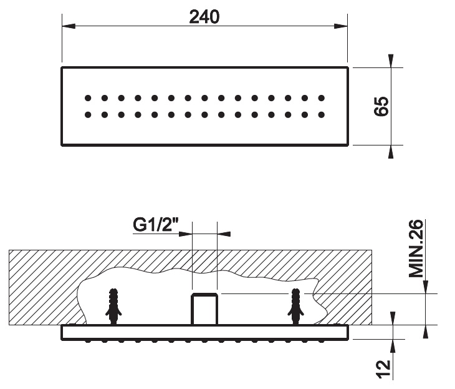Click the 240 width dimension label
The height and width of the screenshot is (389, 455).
[x=204, y=17]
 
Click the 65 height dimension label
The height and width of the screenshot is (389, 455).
[x=381, y=106]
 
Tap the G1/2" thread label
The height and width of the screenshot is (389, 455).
[x=156, y=225]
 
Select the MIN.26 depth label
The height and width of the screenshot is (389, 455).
[x=416, y=249]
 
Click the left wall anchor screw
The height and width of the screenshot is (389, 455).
[x=113, y=307]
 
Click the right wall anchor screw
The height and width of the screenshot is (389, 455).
[x=295, y=307]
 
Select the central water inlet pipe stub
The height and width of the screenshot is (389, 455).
[x=204, y=309]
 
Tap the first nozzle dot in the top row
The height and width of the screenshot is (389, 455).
[x=88, y=98]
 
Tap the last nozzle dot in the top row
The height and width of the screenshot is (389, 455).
[x=321, y=98]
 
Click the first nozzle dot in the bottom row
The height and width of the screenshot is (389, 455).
[x=88, y=115]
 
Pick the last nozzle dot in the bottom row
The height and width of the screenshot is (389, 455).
[x=321, y=115]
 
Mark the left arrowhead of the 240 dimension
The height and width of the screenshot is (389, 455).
[x=69, y=26]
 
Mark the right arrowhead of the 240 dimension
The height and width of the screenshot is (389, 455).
[x=341, y=26]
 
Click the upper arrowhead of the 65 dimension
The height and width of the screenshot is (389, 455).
[x=391, y=61]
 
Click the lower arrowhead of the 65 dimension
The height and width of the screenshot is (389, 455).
[x=391, y=152]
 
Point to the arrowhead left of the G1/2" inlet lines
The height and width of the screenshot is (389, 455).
[x=186, y=234]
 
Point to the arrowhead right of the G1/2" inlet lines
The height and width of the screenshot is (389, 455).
[x=224, y=234]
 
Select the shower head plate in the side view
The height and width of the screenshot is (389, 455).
[x=204, y=332]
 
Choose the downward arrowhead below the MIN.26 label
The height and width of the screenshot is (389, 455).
[x=426, y=287]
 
